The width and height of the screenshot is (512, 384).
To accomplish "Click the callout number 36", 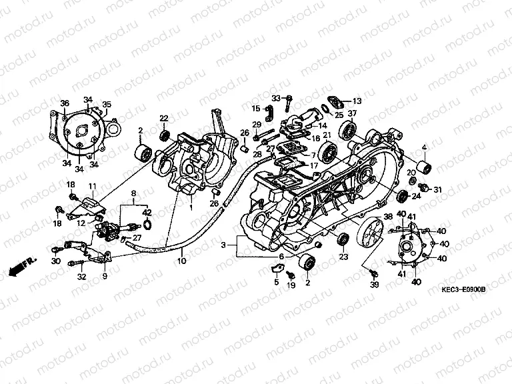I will pos(65,103).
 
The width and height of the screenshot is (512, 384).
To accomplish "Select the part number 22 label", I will pos(163,119).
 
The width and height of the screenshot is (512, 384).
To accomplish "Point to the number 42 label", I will pos(147,213).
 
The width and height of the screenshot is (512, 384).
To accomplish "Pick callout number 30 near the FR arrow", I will pos(56,261).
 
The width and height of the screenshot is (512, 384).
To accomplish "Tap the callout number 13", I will pos(356,101).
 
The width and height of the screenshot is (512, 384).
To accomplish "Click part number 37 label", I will pos(352,113).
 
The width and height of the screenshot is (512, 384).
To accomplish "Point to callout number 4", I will pos(423,147).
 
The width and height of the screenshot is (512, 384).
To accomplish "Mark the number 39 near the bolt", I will pos(374,285).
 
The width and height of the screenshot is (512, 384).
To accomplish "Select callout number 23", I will pos(344,256).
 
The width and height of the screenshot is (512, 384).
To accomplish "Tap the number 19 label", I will pos(291,285).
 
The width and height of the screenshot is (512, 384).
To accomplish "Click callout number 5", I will pos(275,282).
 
